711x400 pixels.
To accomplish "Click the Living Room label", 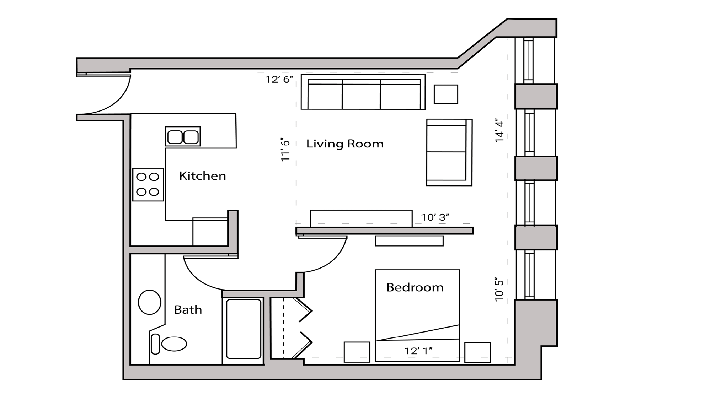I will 345,144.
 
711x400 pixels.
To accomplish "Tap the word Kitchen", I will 202,176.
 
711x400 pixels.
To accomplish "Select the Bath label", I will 188,310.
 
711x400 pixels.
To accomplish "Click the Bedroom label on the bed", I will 415,287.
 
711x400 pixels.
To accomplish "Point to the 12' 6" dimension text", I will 279,79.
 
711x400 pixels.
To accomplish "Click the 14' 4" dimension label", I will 499,131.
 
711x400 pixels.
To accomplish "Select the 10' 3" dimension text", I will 435,217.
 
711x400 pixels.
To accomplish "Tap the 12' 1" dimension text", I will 418,351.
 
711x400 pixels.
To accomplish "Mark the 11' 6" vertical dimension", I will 285,150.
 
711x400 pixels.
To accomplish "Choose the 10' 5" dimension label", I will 499,290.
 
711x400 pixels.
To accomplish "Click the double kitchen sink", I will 183,137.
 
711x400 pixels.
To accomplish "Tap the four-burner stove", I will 148,185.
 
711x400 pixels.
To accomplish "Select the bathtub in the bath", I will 244,329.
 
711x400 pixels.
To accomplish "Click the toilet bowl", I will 174,344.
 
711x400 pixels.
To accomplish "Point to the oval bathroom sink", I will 149,302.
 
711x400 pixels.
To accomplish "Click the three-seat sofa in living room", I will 363,92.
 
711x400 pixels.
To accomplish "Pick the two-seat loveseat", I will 449,152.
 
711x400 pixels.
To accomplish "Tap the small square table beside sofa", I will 446,94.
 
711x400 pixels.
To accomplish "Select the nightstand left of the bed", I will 357,352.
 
